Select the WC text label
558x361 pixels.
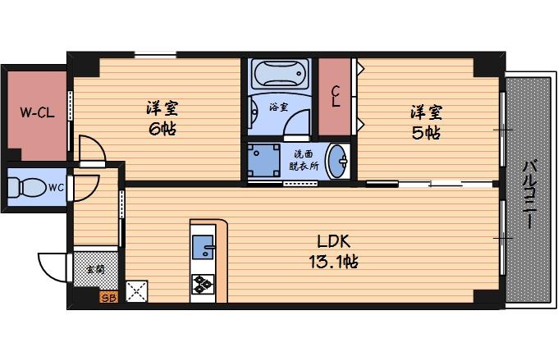pos(55,188)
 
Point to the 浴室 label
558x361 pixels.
pos(278,107)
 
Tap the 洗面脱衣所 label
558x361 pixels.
pos(304,159)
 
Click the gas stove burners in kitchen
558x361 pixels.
pos(202,286)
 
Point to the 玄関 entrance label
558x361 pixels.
pos(95,268)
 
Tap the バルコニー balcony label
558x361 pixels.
pos(529,194)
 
